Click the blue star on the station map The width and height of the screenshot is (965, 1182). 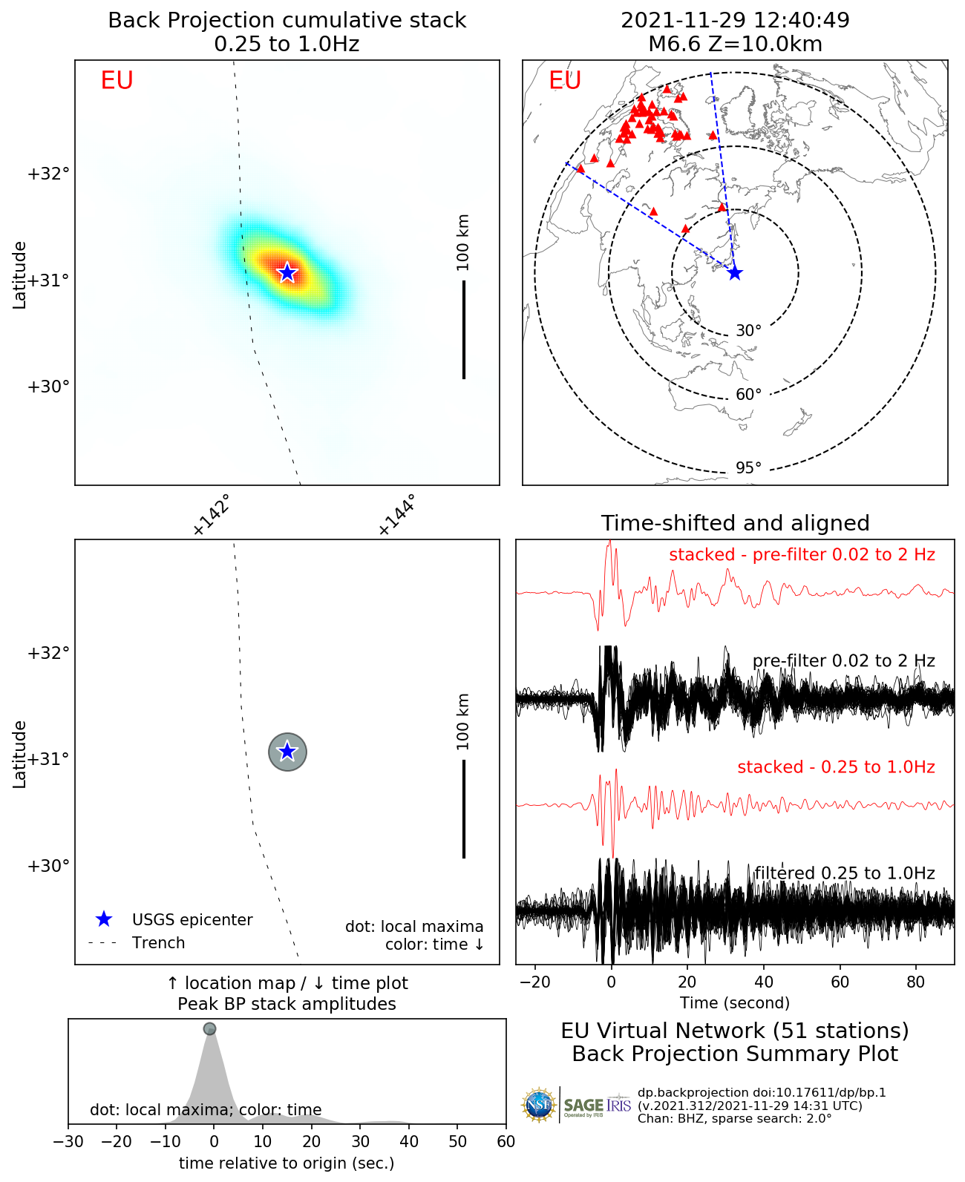click(735, 273)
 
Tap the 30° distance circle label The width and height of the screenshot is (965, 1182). click(748, 331)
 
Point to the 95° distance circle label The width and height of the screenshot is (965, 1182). click(748, 468)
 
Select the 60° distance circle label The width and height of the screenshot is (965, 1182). click(748, 395)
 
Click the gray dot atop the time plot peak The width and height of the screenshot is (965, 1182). click(209, 1029)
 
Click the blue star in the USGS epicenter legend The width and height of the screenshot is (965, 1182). click(104, 919)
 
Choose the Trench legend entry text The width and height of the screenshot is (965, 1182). click(158, 943)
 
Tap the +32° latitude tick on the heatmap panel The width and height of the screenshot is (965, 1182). click(48, 174)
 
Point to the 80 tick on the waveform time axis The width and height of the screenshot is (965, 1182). click(916, 982)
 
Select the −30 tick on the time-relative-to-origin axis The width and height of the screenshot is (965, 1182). click(68, 1141)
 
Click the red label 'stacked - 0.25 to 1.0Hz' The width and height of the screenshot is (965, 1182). click(836, 767)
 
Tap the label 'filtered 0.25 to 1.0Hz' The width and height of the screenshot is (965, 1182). click(845, 873)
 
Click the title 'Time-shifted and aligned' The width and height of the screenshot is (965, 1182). click(735, 523)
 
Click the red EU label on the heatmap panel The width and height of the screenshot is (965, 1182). click(117, 80)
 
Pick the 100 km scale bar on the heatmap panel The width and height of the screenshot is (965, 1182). click(464, 329)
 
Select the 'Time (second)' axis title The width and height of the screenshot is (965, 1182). click(735, 1003)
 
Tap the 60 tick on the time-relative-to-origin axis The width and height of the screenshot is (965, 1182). click(506, 1141)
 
